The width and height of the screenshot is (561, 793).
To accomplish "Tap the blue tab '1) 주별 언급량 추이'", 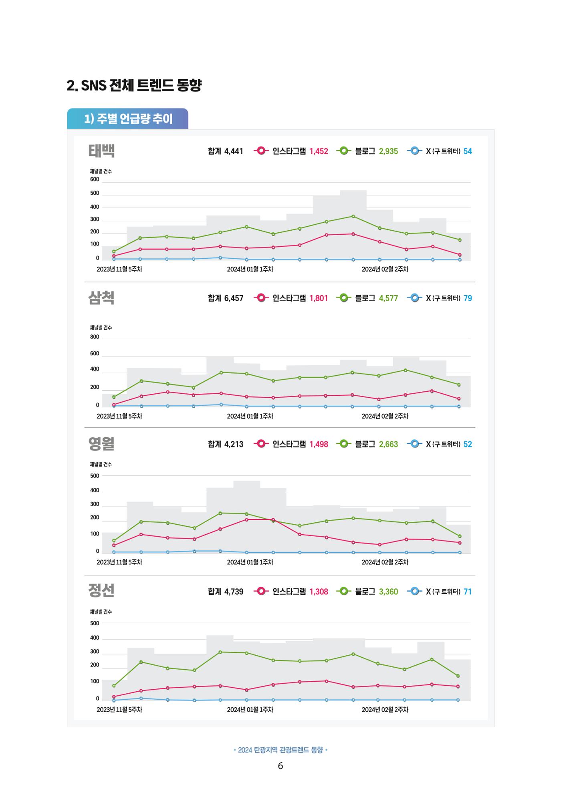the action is (x=127, y=119).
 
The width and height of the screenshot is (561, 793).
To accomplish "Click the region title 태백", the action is (x=101, y=151).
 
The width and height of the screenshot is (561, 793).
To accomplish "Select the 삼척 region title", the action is (x=101, y=298).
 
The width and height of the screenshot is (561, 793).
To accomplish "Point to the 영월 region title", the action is (x=101, y=444).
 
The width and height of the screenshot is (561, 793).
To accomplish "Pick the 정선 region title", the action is (x=101, y=591).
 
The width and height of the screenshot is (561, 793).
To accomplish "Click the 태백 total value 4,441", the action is (x=234, y=151).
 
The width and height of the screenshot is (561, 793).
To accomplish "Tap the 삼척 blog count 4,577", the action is (x=388, y=298).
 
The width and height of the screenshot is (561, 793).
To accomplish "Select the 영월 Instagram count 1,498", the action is (x=319, y=445).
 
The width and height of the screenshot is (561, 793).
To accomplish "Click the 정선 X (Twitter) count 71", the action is (x=468, y=592).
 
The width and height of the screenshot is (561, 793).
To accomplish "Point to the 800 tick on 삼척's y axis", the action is (x=95, y=337).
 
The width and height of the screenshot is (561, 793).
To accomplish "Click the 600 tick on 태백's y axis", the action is (x=95, y=179).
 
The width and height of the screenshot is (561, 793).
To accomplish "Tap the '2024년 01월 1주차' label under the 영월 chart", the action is (x=250, y=562).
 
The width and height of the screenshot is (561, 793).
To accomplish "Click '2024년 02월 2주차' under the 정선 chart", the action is (x=385, y=710).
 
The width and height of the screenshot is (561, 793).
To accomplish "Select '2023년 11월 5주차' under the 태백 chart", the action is (x=119, y=270).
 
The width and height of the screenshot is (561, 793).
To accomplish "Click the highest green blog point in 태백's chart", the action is (x=353, y=216).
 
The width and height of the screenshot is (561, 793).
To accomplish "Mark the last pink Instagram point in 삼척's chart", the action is (x=459, y=399).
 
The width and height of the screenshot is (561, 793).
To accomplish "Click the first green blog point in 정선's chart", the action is (x=114, y=686).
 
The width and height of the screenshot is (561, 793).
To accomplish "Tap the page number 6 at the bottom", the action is (x=280, y=766).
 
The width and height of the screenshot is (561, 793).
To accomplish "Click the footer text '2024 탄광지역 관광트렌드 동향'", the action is (x=280, y=750).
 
